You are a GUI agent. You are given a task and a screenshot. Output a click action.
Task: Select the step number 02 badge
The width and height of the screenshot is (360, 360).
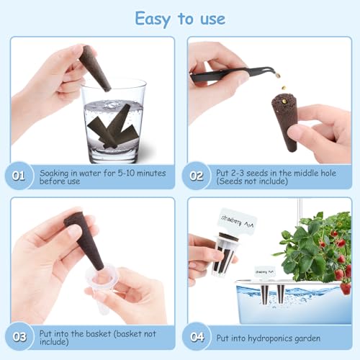[x=197, y=176]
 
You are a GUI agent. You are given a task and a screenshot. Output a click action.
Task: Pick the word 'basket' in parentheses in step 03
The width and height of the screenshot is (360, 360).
[x=135, y=333]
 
